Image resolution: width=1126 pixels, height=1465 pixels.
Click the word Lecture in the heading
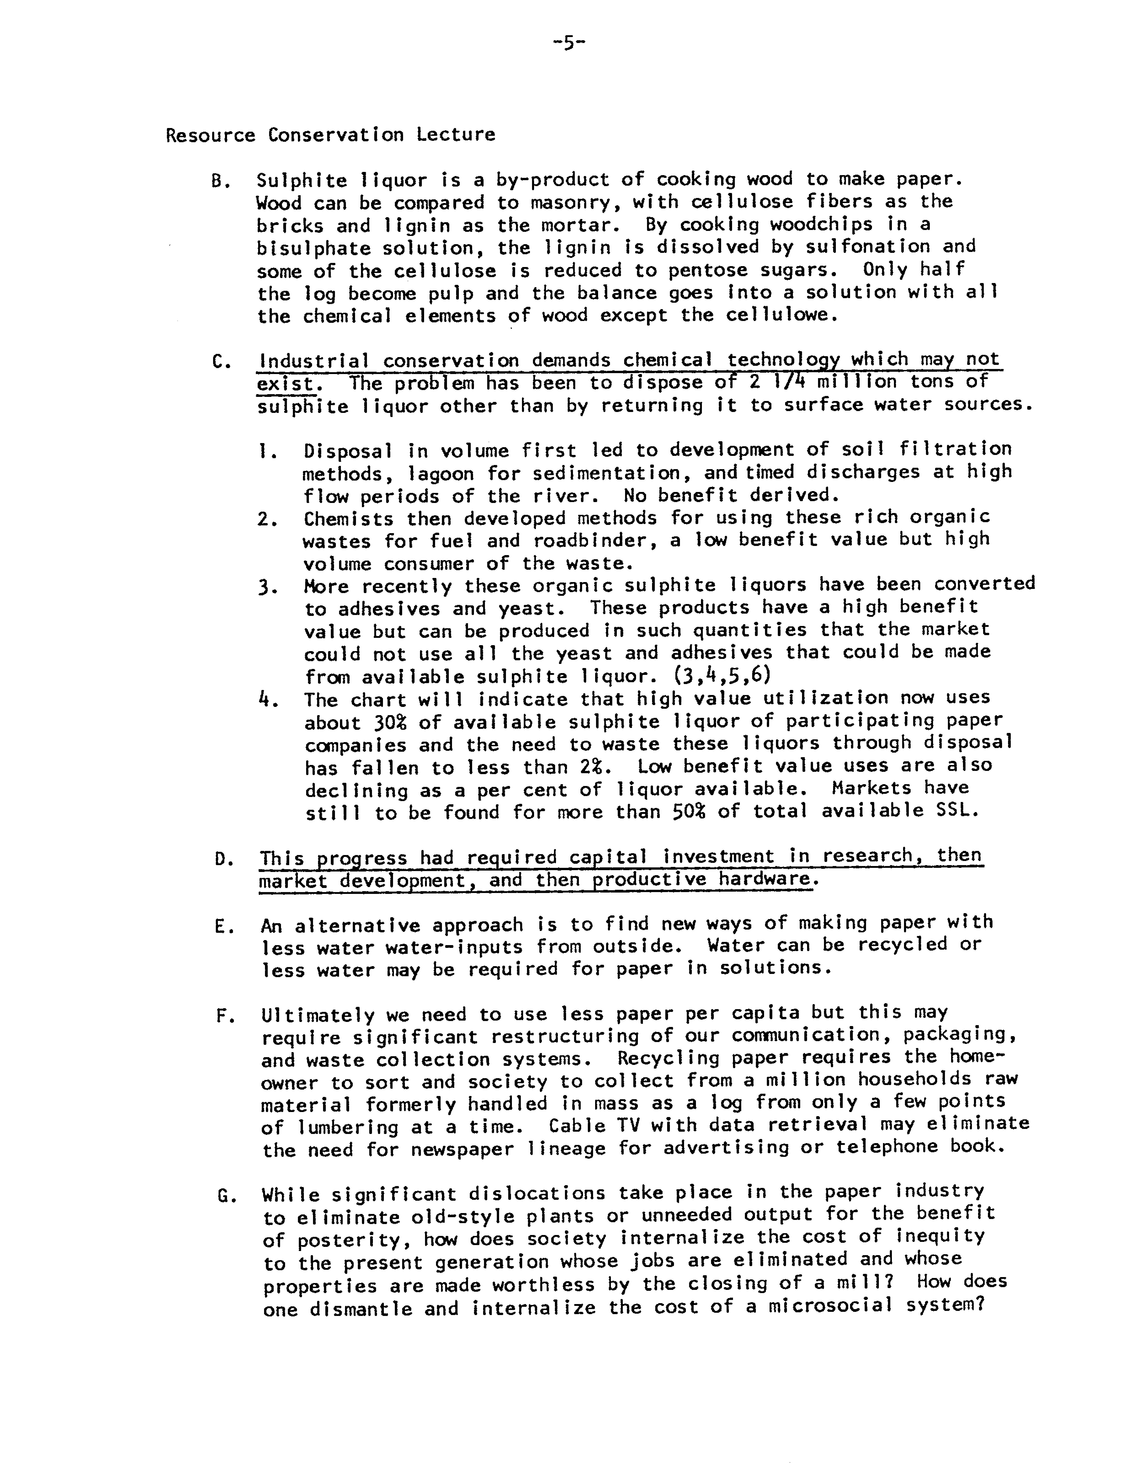(x=456, y=135)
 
